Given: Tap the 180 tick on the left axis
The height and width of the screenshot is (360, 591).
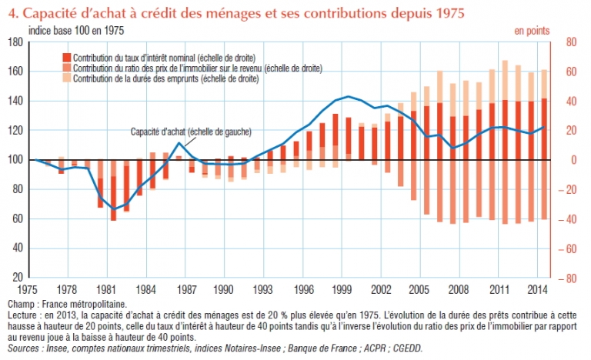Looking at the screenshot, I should (x=14, y=42).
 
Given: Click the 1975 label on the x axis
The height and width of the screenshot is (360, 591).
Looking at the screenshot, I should (x=31, y=290).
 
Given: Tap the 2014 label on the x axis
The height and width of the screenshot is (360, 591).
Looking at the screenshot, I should (x=539, y=290).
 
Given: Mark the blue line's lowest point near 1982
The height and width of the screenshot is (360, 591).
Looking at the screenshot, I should (x=115, y=209).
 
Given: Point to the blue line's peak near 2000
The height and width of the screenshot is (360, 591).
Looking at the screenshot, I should (x=349, y=97).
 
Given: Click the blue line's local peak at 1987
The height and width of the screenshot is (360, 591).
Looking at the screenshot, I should (x=179, y=143).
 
